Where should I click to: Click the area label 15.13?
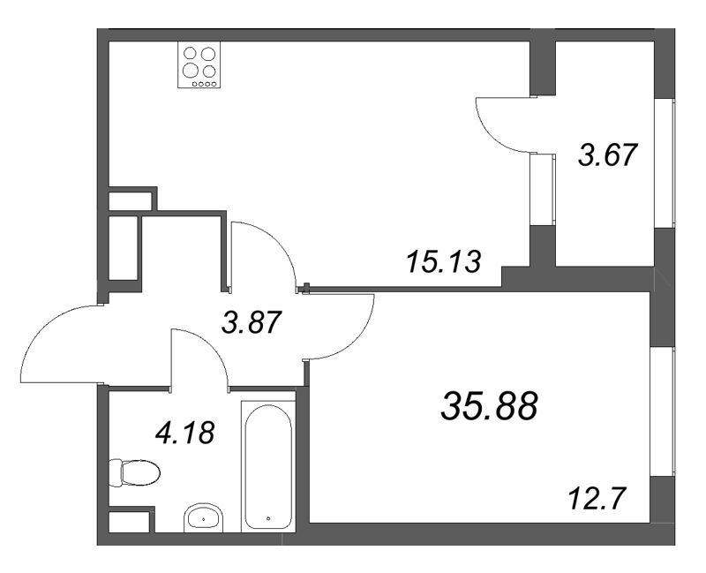pyautogui.click(x=445, y=261)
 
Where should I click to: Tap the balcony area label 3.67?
pyautogui.click(x=607, y=156)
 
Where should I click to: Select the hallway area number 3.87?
pyautogui.click(x=252, y=324)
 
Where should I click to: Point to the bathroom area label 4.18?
pyautogui.click(x=184, y=434)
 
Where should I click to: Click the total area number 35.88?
pyautogui.click(x=488, y=407)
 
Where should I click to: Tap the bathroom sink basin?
pyautogui.click(x=205, y=517)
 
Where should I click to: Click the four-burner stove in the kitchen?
pyautogui.click(x=199, y=65)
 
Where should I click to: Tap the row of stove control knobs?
pyautogui.click(x=200, y=84)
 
